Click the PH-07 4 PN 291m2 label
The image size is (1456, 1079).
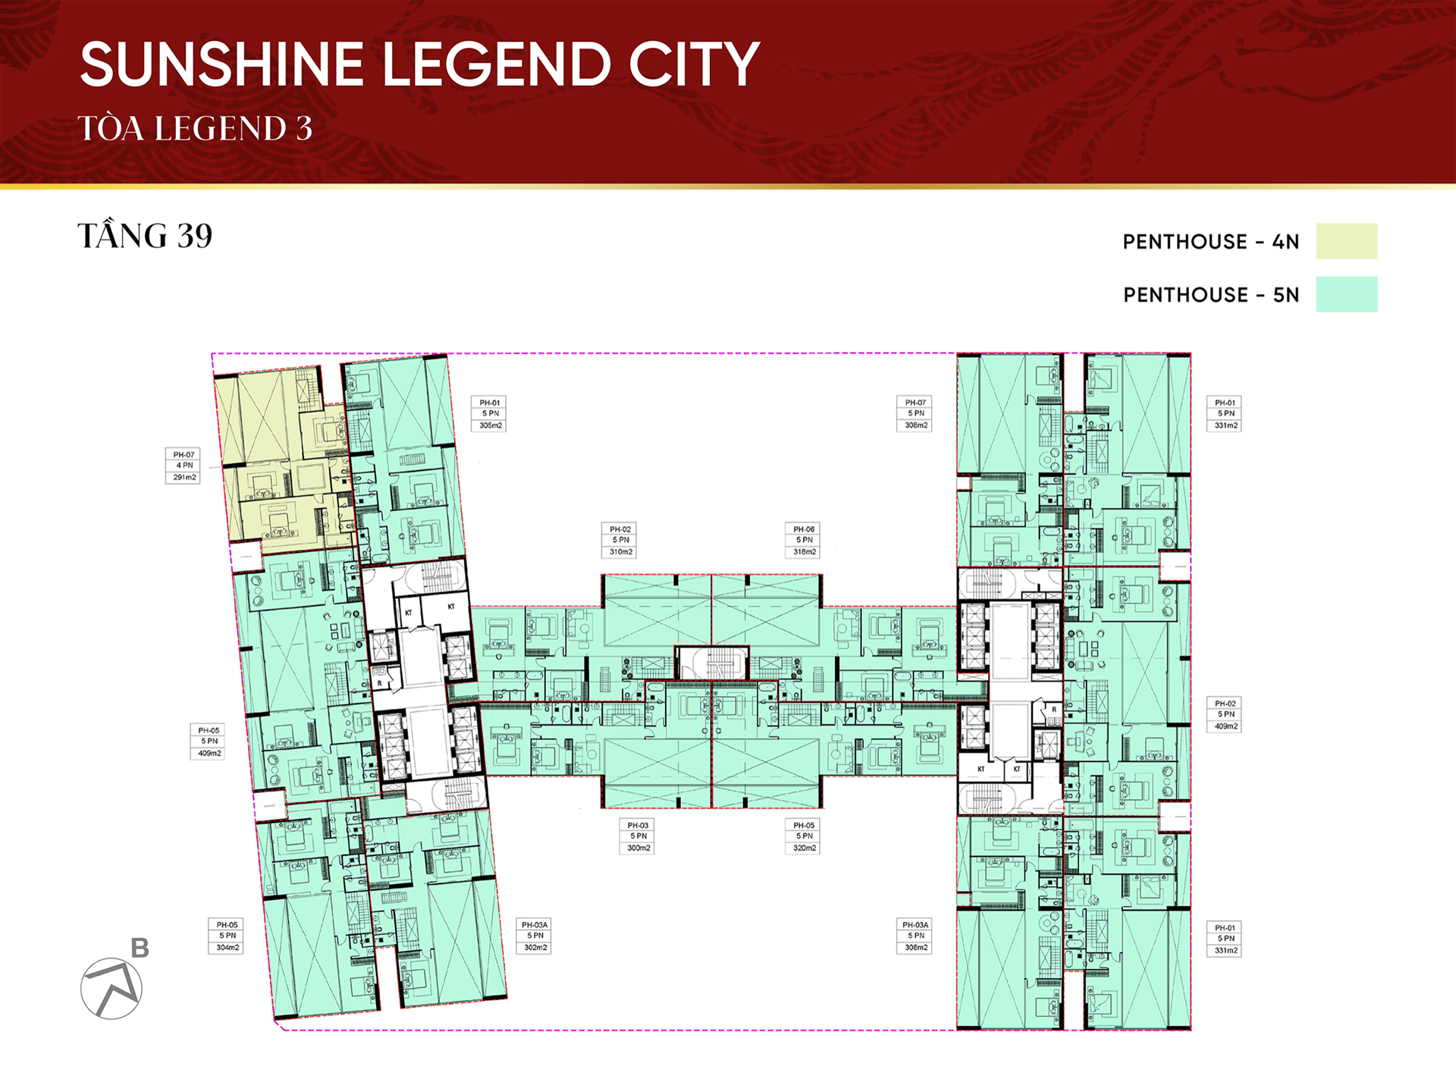pyautogui.click(x=183, y=466)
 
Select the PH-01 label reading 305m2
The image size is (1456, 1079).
pyautogui.click(x=490, y=414)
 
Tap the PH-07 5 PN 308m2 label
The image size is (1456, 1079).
pyautogui.click(x=915, y=414)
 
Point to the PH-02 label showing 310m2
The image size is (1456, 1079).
pyautogui.click(x=620, y=541)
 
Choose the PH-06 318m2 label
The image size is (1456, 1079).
pyautogui.click(x=804, y=541)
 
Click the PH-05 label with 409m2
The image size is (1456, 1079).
pyautogui.click(x=209, y=742)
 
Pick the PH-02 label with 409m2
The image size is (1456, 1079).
pyautogui.click(x=1225, y=715)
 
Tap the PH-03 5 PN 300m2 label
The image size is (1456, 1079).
pyautogui.click(x=638, y=836)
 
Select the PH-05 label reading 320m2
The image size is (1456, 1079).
pyautogui.click(x=804, y=836)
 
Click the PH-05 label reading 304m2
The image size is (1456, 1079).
pyautogui.click(x=227, y=936)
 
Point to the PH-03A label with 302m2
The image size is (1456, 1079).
pyautogui.click(x=535, y=936)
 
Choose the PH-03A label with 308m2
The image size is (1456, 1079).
pyautogui.click(x=915, y=936)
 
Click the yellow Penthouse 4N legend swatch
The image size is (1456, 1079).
pyautogui.click(x=1346, y=241)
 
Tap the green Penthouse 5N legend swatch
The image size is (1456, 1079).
pyautogui.click(x=1346, y=294)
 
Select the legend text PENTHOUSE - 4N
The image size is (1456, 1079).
pyautogui.click(x=1211, y=242)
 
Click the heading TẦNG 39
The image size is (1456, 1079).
pyautogui.click(x=145, y=236)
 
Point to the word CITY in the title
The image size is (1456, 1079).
pyautogui.click(x=694, y=64)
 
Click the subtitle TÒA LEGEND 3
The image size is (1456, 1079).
pyautogui.click(x=195, y=128)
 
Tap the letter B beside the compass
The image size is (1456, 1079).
pyautogui.click(x=140, y=948)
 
